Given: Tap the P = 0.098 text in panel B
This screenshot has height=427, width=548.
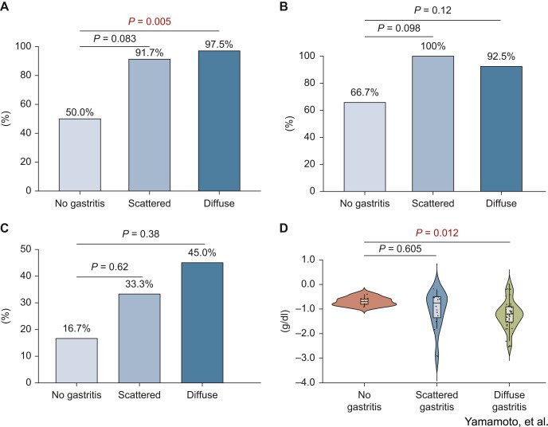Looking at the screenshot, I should [399, 28].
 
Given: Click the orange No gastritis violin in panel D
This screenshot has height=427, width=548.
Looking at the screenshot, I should [364, 301].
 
